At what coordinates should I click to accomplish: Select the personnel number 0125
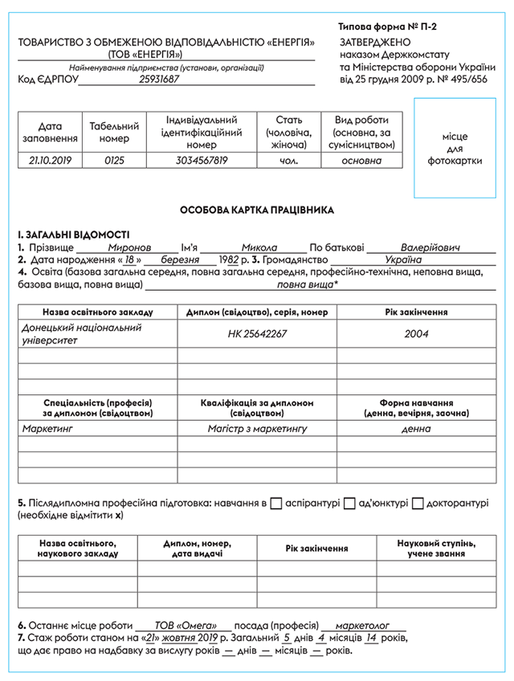[x=115, y=161]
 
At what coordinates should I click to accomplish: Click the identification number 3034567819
[x=201, y=161]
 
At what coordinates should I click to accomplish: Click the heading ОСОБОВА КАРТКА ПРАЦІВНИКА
[x=256, y=210]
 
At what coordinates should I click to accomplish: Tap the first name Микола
[x=259, y=247]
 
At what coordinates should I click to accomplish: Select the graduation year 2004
[x=415, y=333]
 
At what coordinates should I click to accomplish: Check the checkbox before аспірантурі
[x=275, y=504]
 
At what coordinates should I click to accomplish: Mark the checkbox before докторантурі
[x=418, y=504]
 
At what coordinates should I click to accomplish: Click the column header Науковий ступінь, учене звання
[x=439, y=549]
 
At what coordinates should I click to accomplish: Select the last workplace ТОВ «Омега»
[x=183, y=625]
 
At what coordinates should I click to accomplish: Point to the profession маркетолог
[x=362, y=625]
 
